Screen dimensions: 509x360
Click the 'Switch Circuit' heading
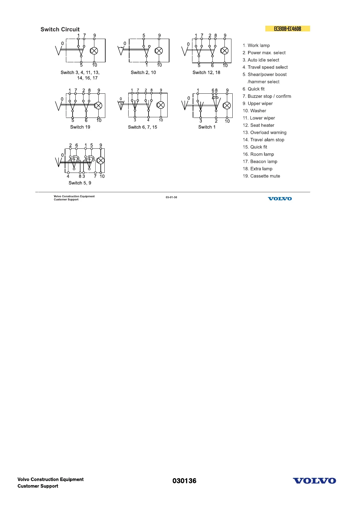point(60,29)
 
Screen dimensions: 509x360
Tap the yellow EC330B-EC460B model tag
point(287,29)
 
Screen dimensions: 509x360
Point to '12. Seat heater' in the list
point(258,125)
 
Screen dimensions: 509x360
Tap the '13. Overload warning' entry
point(264,132)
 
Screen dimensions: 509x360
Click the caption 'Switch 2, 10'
point(143,73)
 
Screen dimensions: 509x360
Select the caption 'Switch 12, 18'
point(206,73)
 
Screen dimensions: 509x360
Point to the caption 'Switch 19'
point(80,127)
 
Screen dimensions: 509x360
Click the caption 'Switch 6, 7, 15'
point(142,127)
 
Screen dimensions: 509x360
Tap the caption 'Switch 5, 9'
point(80,183)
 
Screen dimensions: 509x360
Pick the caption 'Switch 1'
point(207,127)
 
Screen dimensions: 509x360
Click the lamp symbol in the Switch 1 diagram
point(227,105)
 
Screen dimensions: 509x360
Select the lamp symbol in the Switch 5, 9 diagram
point(100,160)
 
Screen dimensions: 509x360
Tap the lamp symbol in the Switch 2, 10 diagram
point(159,51)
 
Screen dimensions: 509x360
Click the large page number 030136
point(184,481)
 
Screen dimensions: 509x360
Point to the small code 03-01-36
point(171,197)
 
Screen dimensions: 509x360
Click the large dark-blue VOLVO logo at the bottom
point(314,481)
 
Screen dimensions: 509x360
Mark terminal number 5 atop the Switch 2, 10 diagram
point(144,35)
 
